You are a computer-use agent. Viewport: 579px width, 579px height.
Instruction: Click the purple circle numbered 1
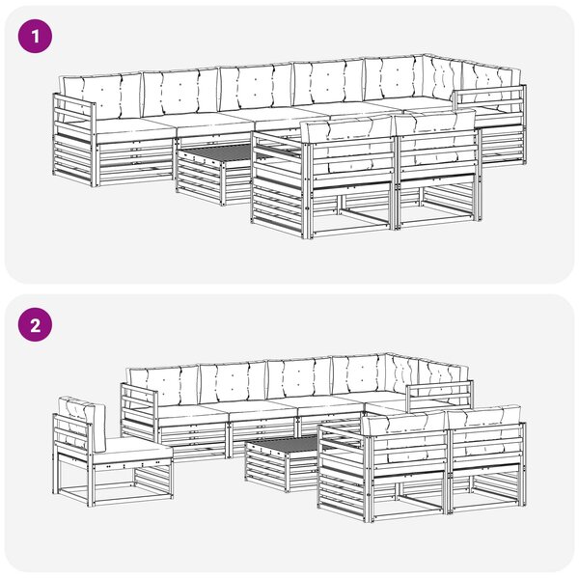pos(35,37)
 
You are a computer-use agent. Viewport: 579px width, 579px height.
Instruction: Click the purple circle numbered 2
pos(35,325)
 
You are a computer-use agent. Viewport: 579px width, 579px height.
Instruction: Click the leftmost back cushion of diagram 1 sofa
pos(102,96)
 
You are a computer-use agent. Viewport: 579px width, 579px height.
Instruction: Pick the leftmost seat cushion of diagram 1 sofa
pos(134,130)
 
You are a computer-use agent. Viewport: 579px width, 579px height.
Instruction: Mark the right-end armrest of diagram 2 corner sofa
pos(439,396)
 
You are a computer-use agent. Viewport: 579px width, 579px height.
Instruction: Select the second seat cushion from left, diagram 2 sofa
pos(262,414)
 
